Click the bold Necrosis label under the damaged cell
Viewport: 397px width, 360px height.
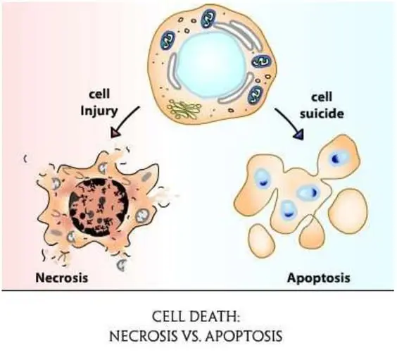61,278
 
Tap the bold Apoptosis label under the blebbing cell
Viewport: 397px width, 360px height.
318,278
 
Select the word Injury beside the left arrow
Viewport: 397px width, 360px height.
99,111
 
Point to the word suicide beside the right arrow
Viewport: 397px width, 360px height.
322,113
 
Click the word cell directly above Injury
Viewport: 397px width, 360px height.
99,94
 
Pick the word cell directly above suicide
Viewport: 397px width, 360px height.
322,97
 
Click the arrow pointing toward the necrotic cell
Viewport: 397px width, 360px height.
125,121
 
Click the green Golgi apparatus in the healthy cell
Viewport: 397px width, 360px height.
184,109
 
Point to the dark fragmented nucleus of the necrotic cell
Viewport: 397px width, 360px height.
99,207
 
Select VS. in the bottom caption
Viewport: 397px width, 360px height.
189,337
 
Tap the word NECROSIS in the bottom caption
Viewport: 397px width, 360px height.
143,337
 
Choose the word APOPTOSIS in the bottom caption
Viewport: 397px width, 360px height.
244,337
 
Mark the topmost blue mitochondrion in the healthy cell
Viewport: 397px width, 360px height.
208,18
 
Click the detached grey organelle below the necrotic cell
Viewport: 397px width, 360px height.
122,265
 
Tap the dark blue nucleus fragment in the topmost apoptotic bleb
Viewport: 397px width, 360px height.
336,159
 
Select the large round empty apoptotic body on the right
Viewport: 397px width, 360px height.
348,211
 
